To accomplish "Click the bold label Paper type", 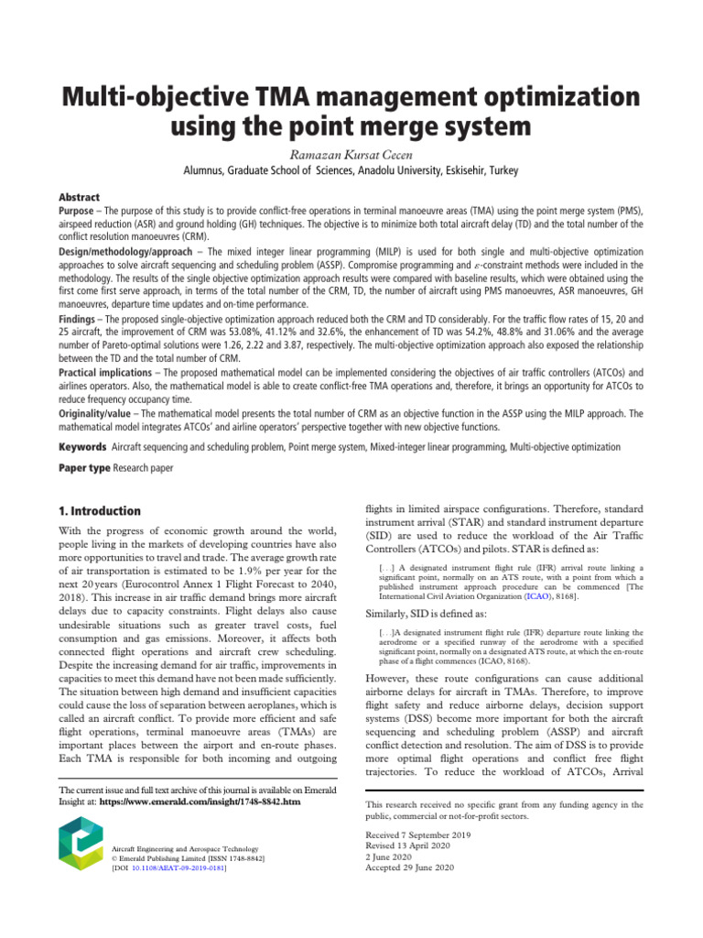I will click(x=84, y=467).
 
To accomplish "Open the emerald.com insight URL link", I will click(x=200, y=801).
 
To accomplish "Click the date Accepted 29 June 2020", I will click(x=404, y=867).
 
